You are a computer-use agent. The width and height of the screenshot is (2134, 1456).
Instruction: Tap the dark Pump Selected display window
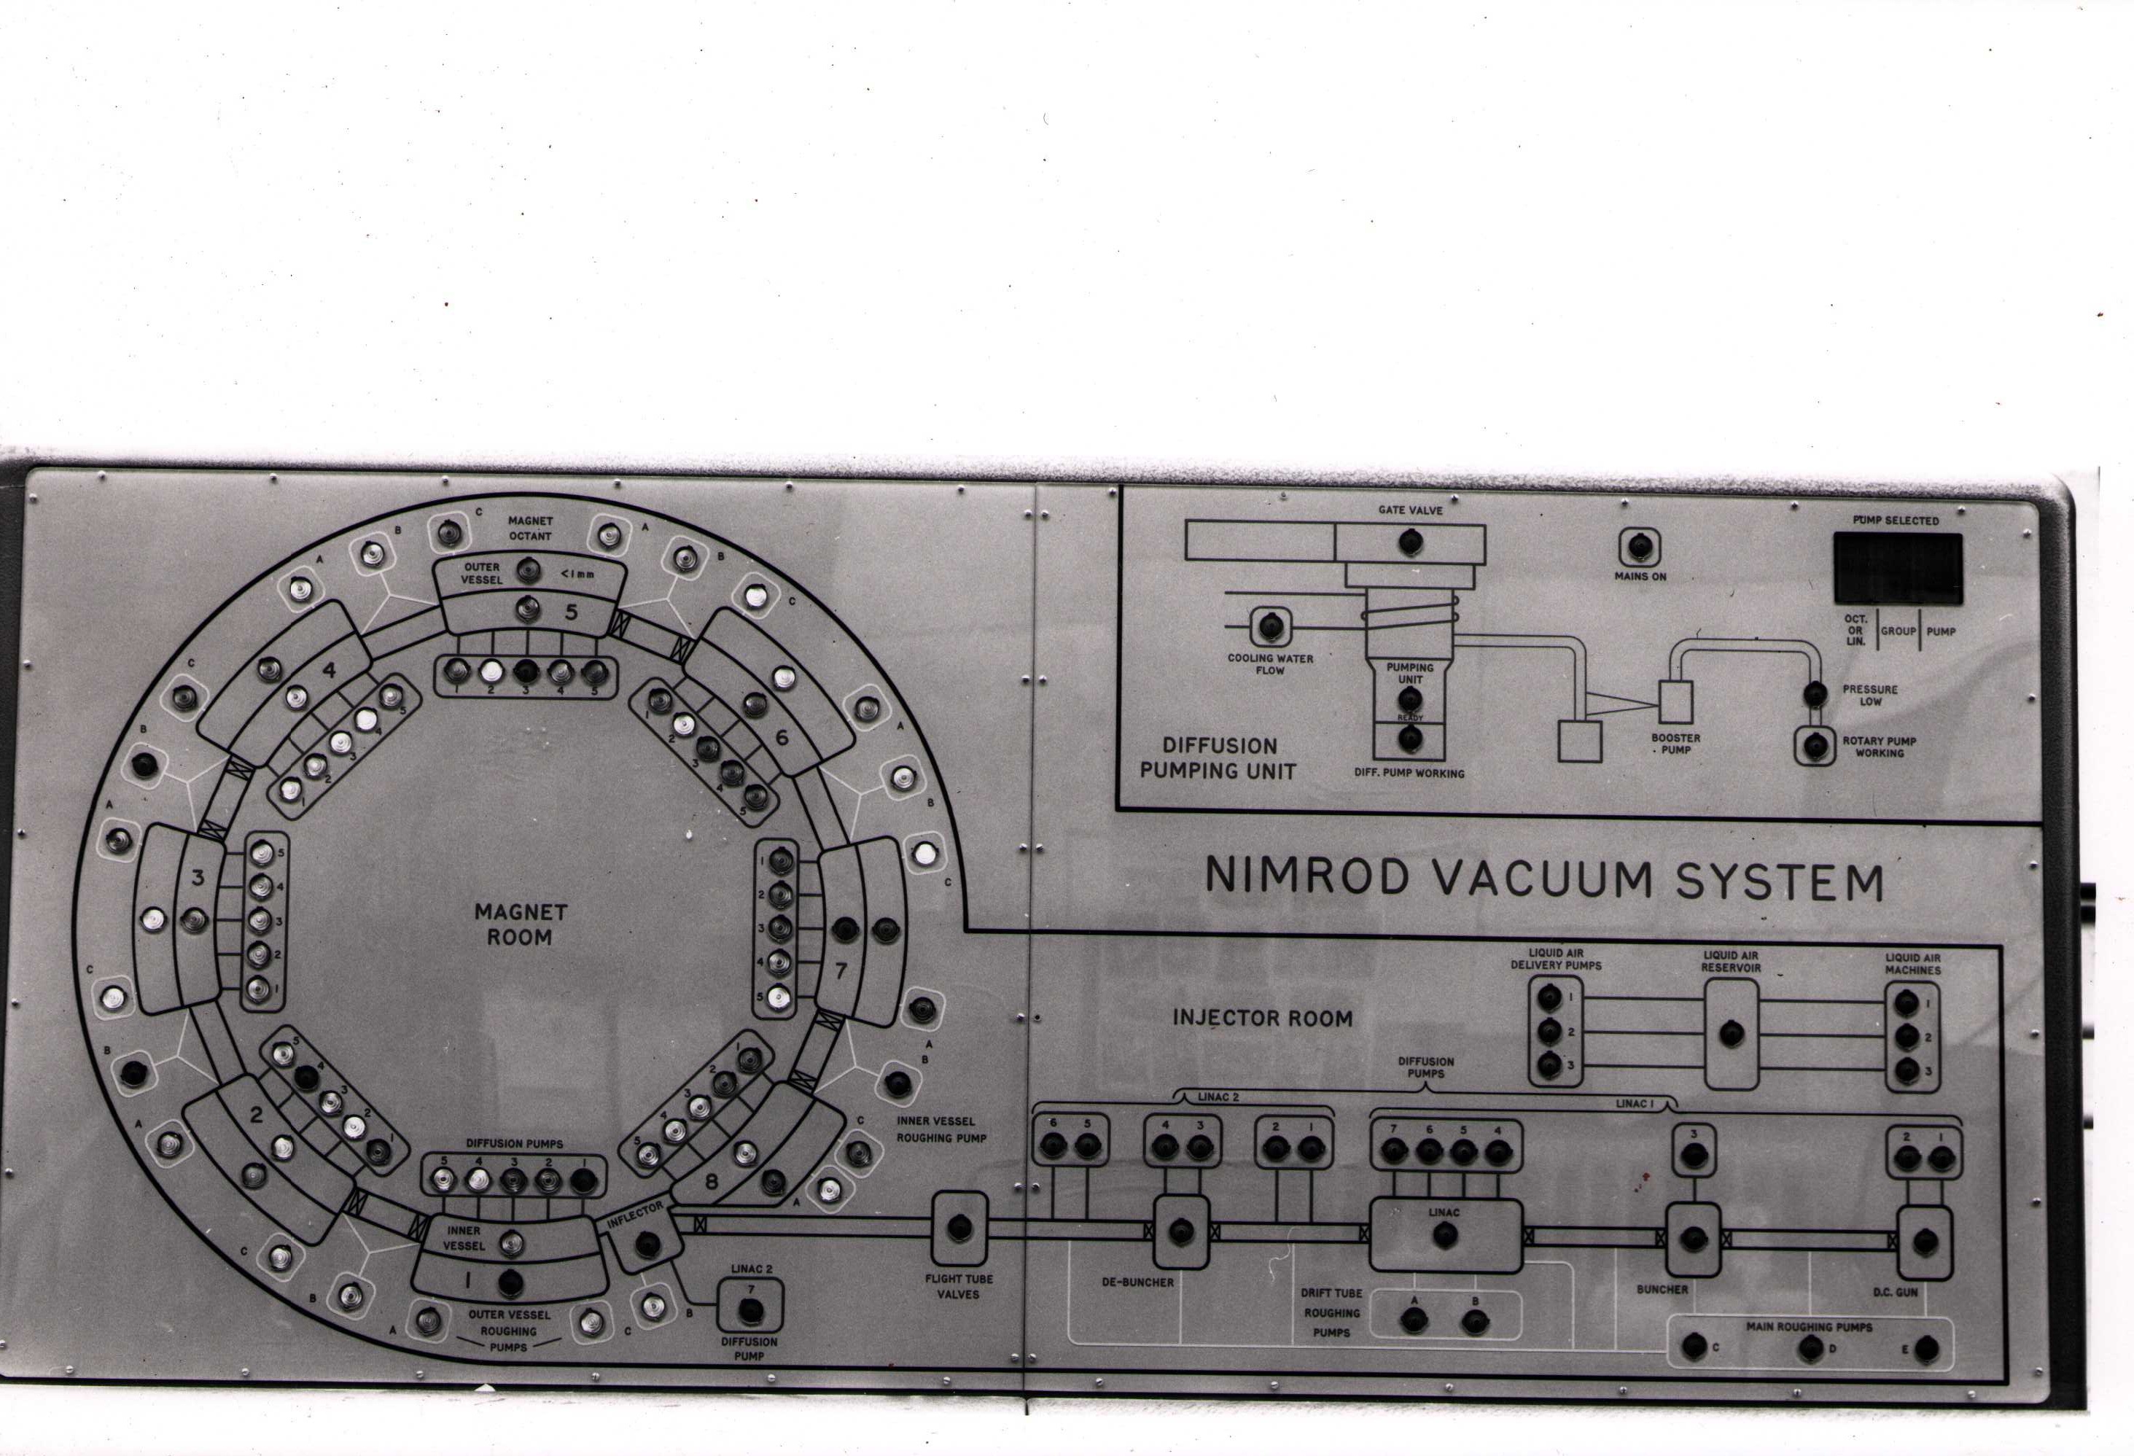pyautogui.click(x=1898, y=567)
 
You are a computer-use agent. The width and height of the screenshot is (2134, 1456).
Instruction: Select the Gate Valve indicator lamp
pyautogui.click(x=1409, y=542)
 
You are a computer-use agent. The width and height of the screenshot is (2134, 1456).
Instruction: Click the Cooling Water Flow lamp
pyautogui.click(x=1271, y=626)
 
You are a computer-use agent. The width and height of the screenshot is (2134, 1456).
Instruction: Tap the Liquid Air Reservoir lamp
pyautogui.click(x=1731, y=1035)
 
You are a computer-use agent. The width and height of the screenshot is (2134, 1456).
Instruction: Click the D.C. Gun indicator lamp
pyautogui.click(x=1925, y=1243)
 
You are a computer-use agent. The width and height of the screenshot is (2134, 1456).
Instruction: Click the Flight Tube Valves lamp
pyautogui.click(x=960, y=1226)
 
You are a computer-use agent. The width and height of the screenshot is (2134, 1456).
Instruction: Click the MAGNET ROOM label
pyautogui.click(x=521, y=924)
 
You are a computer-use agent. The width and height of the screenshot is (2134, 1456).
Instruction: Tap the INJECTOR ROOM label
pyautogui.click(x=1262, y=1018)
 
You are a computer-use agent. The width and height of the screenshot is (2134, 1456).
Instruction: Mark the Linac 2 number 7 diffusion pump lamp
pyautogui.click(x=751, y=1311)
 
